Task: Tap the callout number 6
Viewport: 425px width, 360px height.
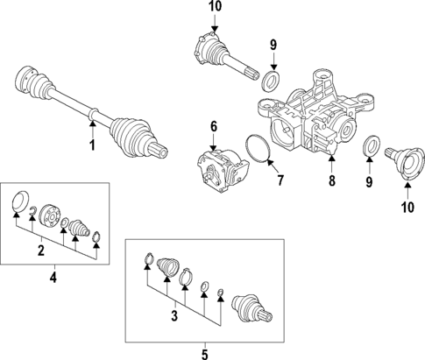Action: pyautogui.click(x=212, y=127)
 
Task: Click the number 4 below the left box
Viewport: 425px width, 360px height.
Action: pyautogui.click(x=53, y=278)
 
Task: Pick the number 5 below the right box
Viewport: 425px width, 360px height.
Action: pyautogui.click(x=204, y=355)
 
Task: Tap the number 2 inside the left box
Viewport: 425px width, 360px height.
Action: pyautogui.click(x=39, y=252)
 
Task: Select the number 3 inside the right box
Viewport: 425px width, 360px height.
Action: pyautogui.click(x=174, y=314)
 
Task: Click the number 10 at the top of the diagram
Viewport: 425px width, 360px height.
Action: pyautogui.click(x=216, y=8)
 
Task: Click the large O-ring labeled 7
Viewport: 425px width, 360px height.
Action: pyautogui.click(x=258, y=149)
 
